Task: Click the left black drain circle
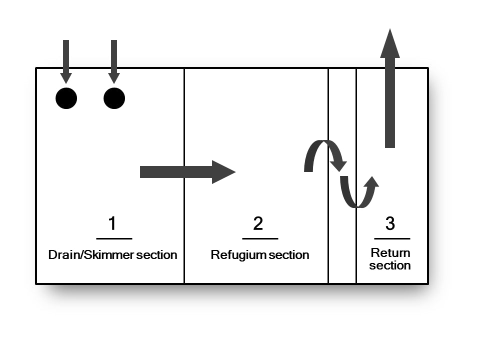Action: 66,98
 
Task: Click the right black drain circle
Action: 114,98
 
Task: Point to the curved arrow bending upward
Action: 359,192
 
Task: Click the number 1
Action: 112,223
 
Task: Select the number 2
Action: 258,223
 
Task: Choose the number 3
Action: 390,223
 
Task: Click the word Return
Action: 390,253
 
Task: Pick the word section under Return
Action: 390,265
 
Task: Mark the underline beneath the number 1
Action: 114,238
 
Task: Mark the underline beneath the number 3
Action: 392,238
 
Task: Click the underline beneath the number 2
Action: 260,238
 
